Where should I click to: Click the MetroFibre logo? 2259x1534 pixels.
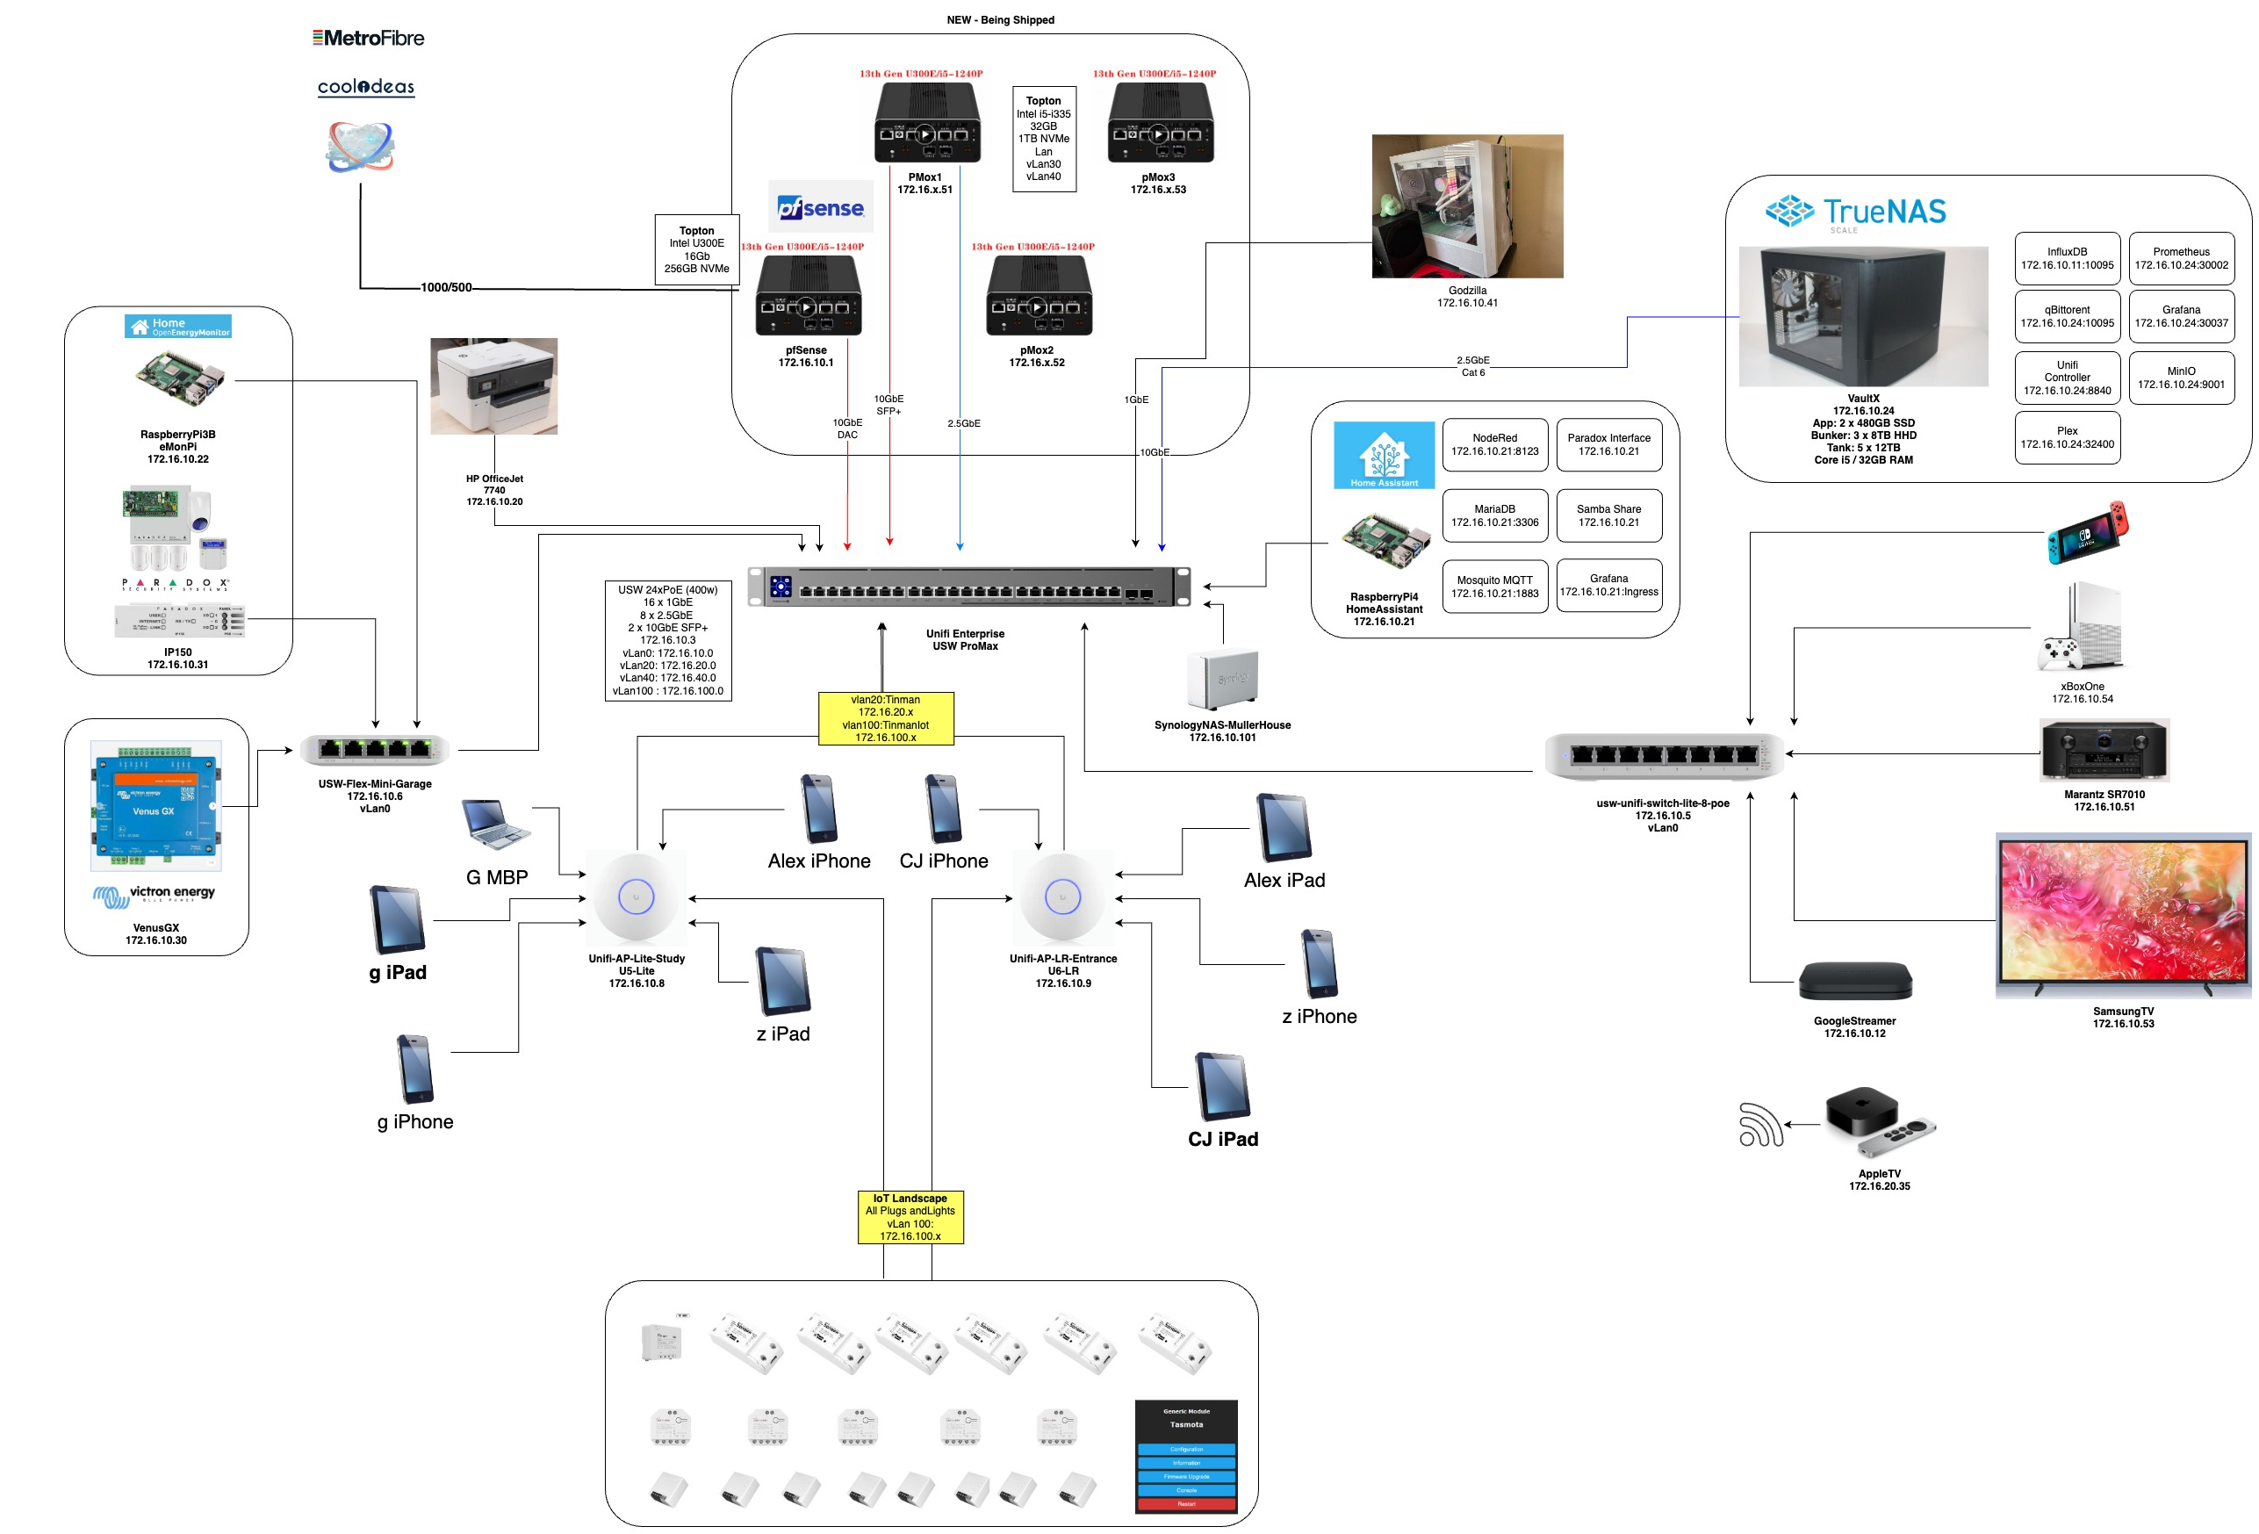point(369,38)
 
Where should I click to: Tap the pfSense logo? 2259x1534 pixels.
point(820,207)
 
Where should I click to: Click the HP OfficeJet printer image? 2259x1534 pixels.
point(493,386)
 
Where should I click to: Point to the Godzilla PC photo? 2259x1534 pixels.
point(1467,206)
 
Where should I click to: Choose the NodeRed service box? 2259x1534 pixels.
point(1494,444)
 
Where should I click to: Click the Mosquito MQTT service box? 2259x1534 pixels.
point(1494,587)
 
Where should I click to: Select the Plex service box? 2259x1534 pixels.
point(2067,437)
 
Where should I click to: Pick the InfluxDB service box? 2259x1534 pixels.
point(2067,258)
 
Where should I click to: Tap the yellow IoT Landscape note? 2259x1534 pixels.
point(910,1217)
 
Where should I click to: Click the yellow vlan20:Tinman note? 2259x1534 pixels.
point(886,718)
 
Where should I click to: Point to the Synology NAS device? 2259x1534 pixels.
point(1222,680)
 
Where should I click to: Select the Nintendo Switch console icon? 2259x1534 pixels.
point(2087,532)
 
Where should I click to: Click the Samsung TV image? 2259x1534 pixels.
point(2123,915)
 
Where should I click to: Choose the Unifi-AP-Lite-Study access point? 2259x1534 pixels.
point(637,897)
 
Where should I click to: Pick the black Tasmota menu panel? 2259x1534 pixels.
point(1186,1455)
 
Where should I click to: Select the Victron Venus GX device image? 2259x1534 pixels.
point(155,806)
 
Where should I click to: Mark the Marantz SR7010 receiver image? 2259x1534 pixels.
point(2104,751)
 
